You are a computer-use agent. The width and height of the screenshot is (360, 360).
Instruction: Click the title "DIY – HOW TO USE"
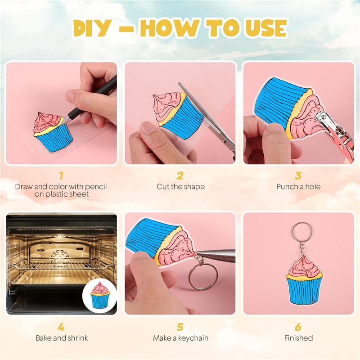click(x=180, y=28)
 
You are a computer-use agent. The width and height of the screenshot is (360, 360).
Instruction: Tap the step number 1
click(x=61, y=175)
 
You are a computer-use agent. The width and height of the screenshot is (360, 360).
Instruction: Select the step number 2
click(x=180, y=175)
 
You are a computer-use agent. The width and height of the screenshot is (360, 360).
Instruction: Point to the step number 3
click(x=298, y=175)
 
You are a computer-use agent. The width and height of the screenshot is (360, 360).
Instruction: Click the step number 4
click(x=61, y=327)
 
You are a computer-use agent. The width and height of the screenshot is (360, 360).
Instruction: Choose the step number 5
click(x=180, y=327)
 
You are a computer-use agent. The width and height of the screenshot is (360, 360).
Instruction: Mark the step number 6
click(x=298, y=327)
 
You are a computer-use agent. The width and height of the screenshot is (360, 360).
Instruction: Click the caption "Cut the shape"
click(x=180, y=186)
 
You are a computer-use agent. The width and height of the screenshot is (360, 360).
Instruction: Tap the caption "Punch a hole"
click(x=298, y=186)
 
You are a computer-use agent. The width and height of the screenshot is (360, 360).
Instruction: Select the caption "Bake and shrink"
click(x=62, y=338)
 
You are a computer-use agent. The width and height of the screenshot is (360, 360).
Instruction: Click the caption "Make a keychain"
click(x=180, y=338)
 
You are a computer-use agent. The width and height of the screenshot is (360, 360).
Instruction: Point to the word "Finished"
click(x=298, y=338)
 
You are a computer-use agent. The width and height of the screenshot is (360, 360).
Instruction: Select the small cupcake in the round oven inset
click(x=100, y=295)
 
